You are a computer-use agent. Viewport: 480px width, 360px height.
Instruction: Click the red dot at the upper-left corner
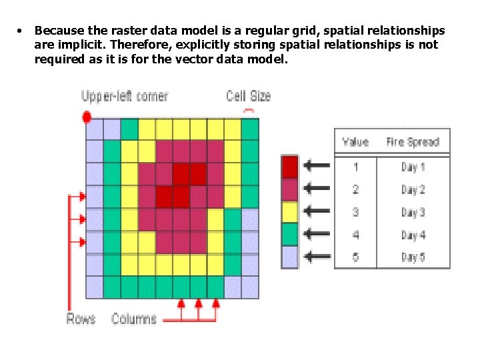click(x=86, y=117)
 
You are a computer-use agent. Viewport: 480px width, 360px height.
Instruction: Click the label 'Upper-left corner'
click(x=125, y=96)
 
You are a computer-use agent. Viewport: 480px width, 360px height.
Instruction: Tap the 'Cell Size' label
click(x=249, y=96)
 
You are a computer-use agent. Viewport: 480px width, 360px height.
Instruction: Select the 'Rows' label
click(x=81, y=318)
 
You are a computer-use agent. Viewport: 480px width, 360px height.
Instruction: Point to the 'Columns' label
click(x=134, y=318)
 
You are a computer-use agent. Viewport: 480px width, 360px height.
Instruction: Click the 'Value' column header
click(x=355, y=142)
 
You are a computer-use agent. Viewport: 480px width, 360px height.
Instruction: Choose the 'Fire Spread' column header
click(x=413, y=142)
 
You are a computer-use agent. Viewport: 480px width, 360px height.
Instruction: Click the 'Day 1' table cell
click(x=413, y=167)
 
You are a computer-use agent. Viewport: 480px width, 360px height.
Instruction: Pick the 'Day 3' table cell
click(x=413, y=212)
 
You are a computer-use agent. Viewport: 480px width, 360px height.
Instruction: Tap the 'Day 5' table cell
click(x=413, y=257)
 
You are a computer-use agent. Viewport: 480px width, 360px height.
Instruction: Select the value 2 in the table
click(x=355, y=190)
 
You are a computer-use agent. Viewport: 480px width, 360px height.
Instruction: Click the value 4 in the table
click(x=355, y=235)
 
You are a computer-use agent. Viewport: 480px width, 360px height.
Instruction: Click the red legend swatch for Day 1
click(x=290, y=166)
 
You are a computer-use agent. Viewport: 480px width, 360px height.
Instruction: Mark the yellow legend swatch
click(x=290, y=211)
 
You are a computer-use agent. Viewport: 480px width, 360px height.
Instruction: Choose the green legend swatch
click(x=290, y=234)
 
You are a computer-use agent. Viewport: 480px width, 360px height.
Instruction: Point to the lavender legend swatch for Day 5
click(x=290, y=257)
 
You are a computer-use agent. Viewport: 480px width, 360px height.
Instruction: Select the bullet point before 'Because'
click(x=21, y=31)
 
